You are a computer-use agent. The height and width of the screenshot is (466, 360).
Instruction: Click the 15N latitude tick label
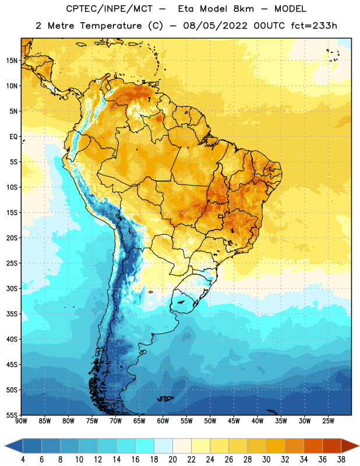(x=12, y=61)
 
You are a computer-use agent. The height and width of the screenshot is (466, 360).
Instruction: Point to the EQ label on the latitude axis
(x=13, y=137)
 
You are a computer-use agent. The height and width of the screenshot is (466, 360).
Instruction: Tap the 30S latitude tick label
(x=12, y=288)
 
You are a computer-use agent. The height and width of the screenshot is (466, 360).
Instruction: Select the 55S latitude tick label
(x=12, y=415)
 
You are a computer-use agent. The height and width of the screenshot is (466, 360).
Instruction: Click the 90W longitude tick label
(x=21, y=421)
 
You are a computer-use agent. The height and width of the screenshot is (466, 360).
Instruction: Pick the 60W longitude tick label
(x=163, y=421)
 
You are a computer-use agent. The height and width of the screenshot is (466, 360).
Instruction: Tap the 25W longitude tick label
(x=328, y=421)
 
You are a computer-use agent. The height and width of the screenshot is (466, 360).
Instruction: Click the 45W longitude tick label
(x=234, y=421)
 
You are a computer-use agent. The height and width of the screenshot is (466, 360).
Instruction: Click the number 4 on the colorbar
(x=23, y=460)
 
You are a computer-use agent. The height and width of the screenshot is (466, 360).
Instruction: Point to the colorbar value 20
(x=172, y=460)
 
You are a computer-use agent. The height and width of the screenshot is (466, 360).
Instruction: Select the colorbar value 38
(x=341, y=460)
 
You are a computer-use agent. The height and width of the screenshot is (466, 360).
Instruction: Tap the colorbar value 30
(x=266, y=460)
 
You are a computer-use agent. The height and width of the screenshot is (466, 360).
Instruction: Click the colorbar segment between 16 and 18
(x=144, y=446)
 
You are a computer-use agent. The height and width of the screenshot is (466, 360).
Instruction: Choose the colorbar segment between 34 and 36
(x=313, y=446)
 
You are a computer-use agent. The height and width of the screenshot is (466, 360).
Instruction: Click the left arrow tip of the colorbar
(x=5, y=446)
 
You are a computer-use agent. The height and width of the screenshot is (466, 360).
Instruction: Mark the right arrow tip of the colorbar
(x=359, y=446)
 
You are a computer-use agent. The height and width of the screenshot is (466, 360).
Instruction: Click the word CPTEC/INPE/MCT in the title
(x=110, y=9)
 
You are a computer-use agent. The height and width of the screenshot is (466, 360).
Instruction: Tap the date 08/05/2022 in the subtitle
(x=215, y=26)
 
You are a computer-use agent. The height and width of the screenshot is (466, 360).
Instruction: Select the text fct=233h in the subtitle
(x=314, y=26)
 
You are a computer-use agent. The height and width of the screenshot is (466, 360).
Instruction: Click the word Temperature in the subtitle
(x=111, y=26)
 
